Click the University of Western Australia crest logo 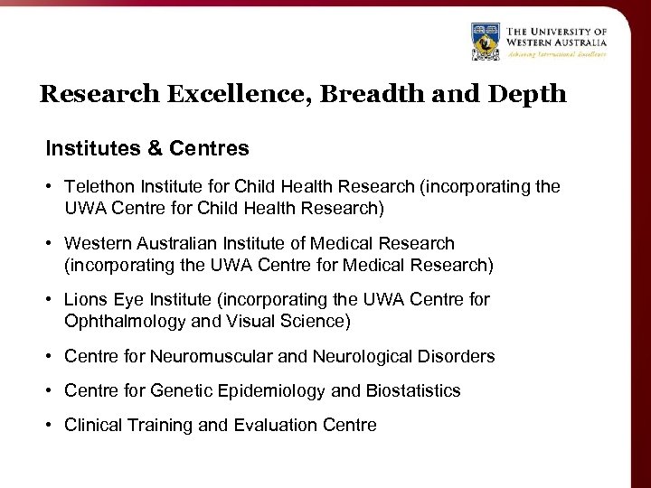pyautogui.click(x=486, y=42)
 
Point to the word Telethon pyautogui.click(x=98, y=187)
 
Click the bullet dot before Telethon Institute pyautogui.click(x=51, y=187)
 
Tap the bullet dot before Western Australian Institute pyautogui.click(x=51, y=243)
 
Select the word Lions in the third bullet pyautogui.click(x=85, y=300)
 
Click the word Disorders pyautogui.click(x=456, y=356)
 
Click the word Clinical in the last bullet pyautogui.click(x=95, y=425)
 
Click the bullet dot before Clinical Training pyautogui.click(x=51, y=425)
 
